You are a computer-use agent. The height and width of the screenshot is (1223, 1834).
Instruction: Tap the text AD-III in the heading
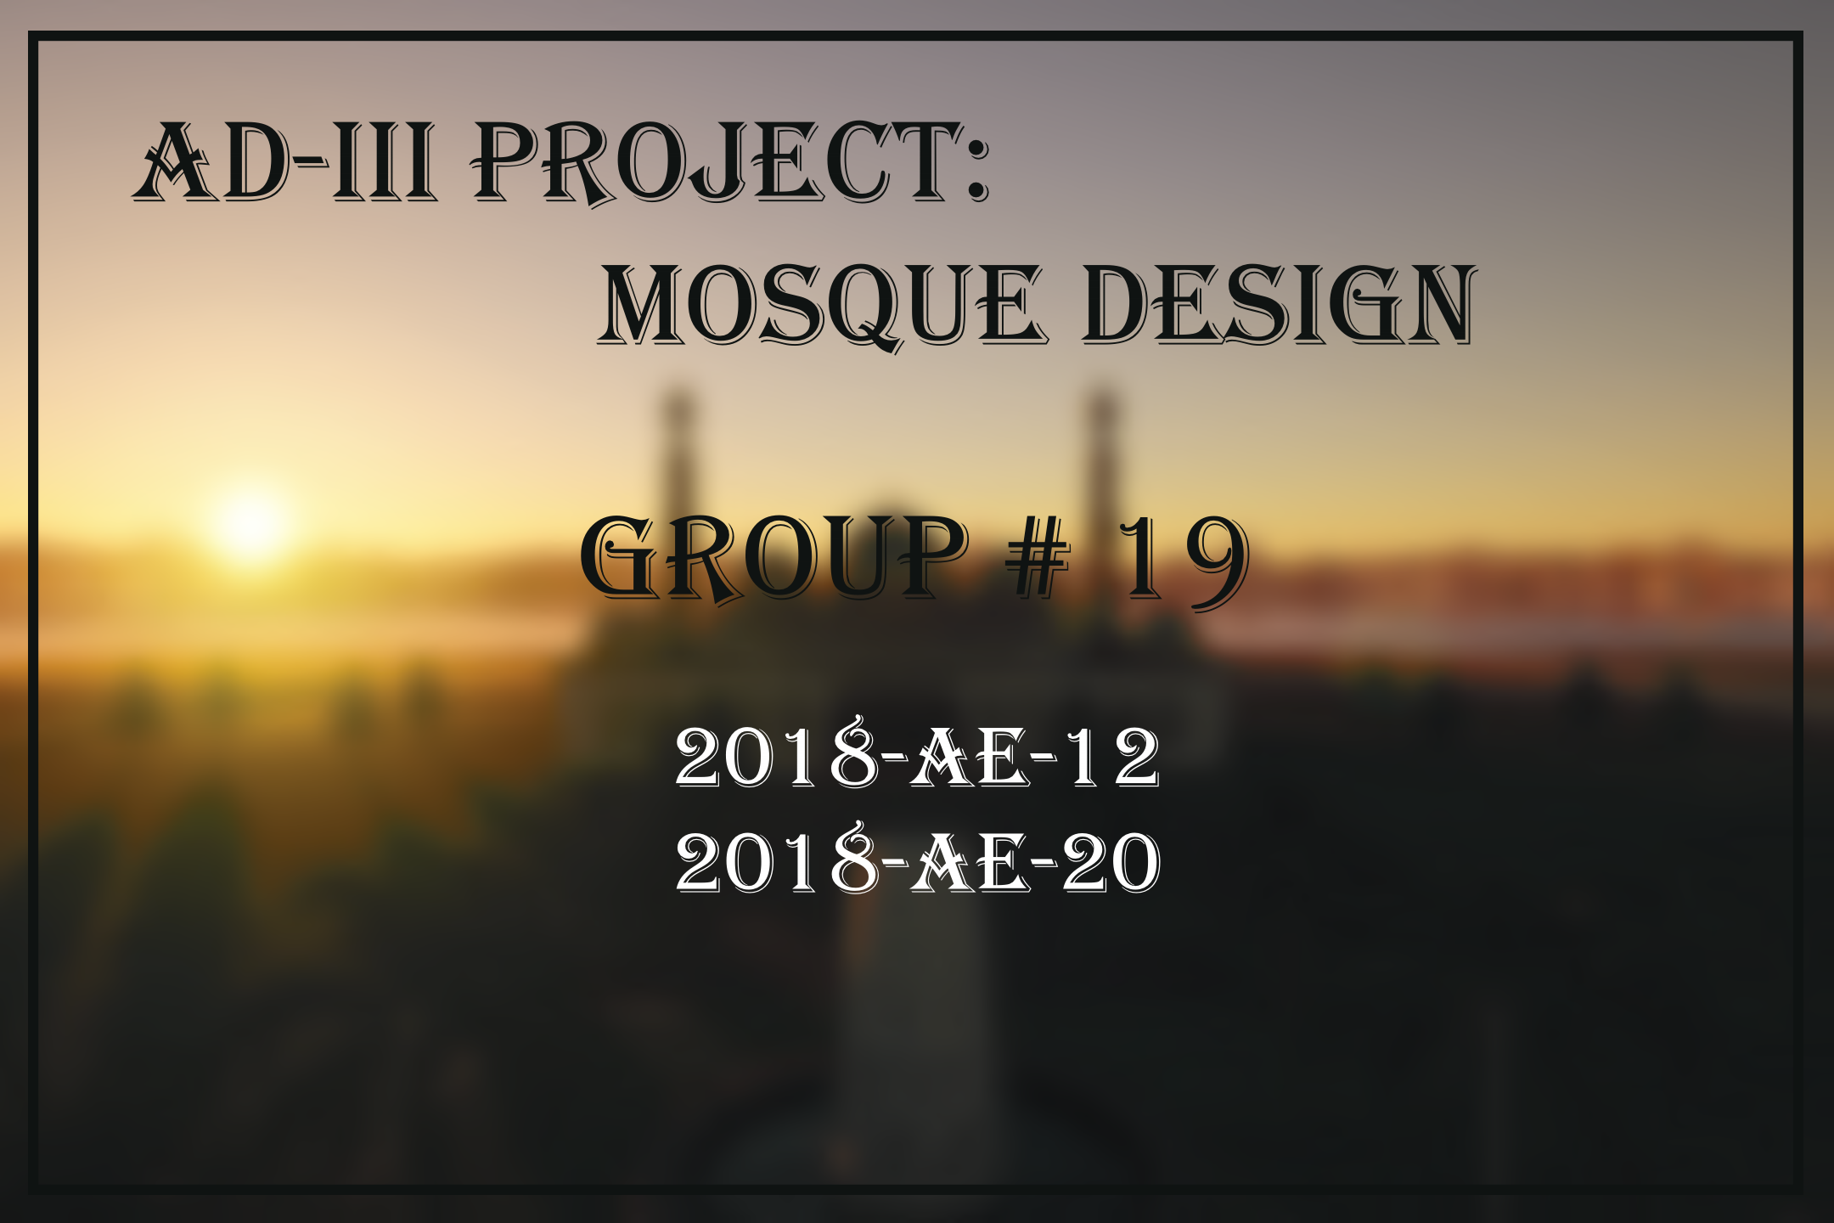[285, 163]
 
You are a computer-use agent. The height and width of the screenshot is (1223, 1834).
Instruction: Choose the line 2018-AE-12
[917, 756]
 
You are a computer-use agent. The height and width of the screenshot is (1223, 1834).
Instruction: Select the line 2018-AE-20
[917, 861]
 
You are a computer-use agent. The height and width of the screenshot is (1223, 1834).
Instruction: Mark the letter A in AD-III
[175, 163]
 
